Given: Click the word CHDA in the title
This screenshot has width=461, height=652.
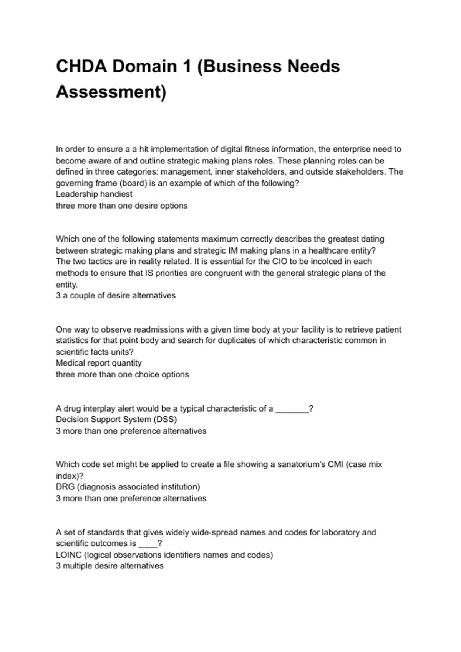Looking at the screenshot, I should [81, 66].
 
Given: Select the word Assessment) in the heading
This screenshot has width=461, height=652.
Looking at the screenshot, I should [111, 92].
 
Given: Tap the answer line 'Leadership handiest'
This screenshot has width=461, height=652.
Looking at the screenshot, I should [94, 194].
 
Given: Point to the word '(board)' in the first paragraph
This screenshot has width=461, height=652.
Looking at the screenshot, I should [133, 183].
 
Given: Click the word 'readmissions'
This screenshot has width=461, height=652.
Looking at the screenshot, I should [153, 329].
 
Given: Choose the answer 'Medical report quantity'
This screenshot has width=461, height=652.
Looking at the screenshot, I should [99, 363].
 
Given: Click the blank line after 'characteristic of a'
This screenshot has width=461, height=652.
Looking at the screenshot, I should [292, 409].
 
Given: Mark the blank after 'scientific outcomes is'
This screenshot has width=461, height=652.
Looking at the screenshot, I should [148, 544].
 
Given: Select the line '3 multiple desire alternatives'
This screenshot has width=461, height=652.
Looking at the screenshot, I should [109, 566].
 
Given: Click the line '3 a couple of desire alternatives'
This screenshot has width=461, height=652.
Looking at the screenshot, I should [116, 296].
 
